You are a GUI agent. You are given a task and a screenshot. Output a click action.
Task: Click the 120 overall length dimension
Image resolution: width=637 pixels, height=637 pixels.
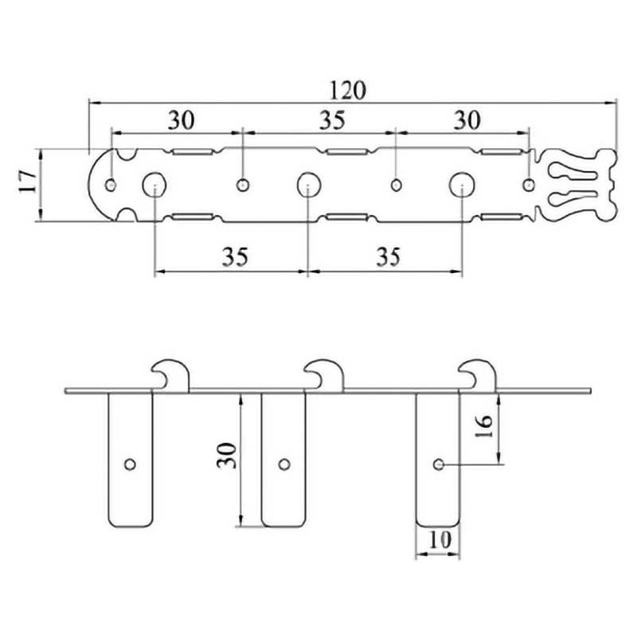coord(347,90)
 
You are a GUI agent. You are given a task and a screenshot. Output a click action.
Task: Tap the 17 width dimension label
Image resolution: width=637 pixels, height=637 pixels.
coord(29,182)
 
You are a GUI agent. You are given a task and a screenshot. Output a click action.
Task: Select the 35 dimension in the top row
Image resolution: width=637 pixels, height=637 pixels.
coord(332,120)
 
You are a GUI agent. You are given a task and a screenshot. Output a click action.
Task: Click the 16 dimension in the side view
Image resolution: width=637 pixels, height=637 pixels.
coord(484,427)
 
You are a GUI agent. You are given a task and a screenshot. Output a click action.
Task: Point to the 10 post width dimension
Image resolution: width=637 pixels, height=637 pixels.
coord(440,540)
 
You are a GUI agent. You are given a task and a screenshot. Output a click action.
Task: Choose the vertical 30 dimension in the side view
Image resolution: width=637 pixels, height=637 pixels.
coord(226,455)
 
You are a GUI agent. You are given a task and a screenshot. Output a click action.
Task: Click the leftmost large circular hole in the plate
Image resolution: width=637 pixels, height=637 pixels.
coord(154,185)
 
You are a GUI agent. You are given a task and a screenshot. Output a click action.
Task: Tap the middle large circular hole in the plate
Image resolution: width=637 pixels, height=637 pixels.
coord(308,185)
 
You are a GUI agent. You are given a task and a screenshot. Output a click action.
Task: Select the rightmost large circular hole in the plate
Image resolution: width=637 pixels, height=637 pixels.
coord(462,185)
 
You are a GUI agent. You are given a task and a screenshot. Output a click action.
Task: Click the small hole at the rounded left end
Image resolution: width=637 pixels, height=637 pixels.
coord(111,186)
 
